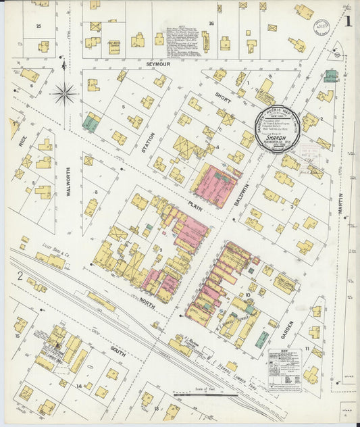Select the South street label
[119, 351]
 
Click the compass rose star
[64, 93]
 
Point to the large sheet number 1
[347, 20]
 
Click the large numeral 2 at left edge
[20, 275]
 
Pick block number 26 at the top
[211, 24]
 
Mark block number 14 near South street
[79, 386]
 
